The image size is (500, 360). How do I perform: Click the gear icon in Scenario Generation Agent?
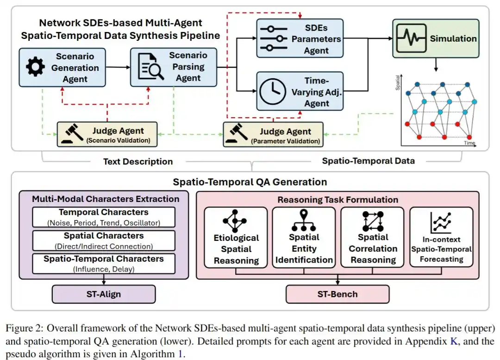click(35, 68)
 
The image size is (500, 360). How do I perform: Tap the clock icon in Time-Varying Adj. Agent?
click(273, 91)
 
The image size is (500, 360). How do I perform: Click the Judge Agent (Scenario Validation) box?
click(107, 134)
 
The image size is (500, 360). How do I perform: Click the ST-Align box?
click(104, 294)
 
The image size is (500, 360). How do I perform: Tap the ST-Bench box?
click(337, 294)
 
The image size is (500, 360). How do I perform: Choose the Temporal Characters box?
click(103, 217)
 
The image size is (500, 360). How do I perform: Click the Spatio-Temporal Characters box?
click(103, 263)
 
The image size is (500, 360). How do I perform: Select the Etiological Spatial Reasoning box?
click(236, 237)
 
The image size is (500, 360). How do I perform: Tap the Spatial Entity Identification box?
click(304, 237)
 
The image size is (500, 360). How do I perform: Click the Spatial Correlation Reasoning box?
click(372, 237)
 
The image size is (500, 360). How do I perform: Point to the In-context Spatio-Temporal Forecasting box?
click(441, 237)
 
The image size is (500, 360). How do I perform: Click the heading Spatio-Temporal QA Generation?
click(250, 182)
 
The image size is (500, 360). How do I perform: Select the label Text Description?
click(138, 161)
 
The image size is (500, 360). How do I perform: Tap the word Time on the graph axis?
click(469, 144)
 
